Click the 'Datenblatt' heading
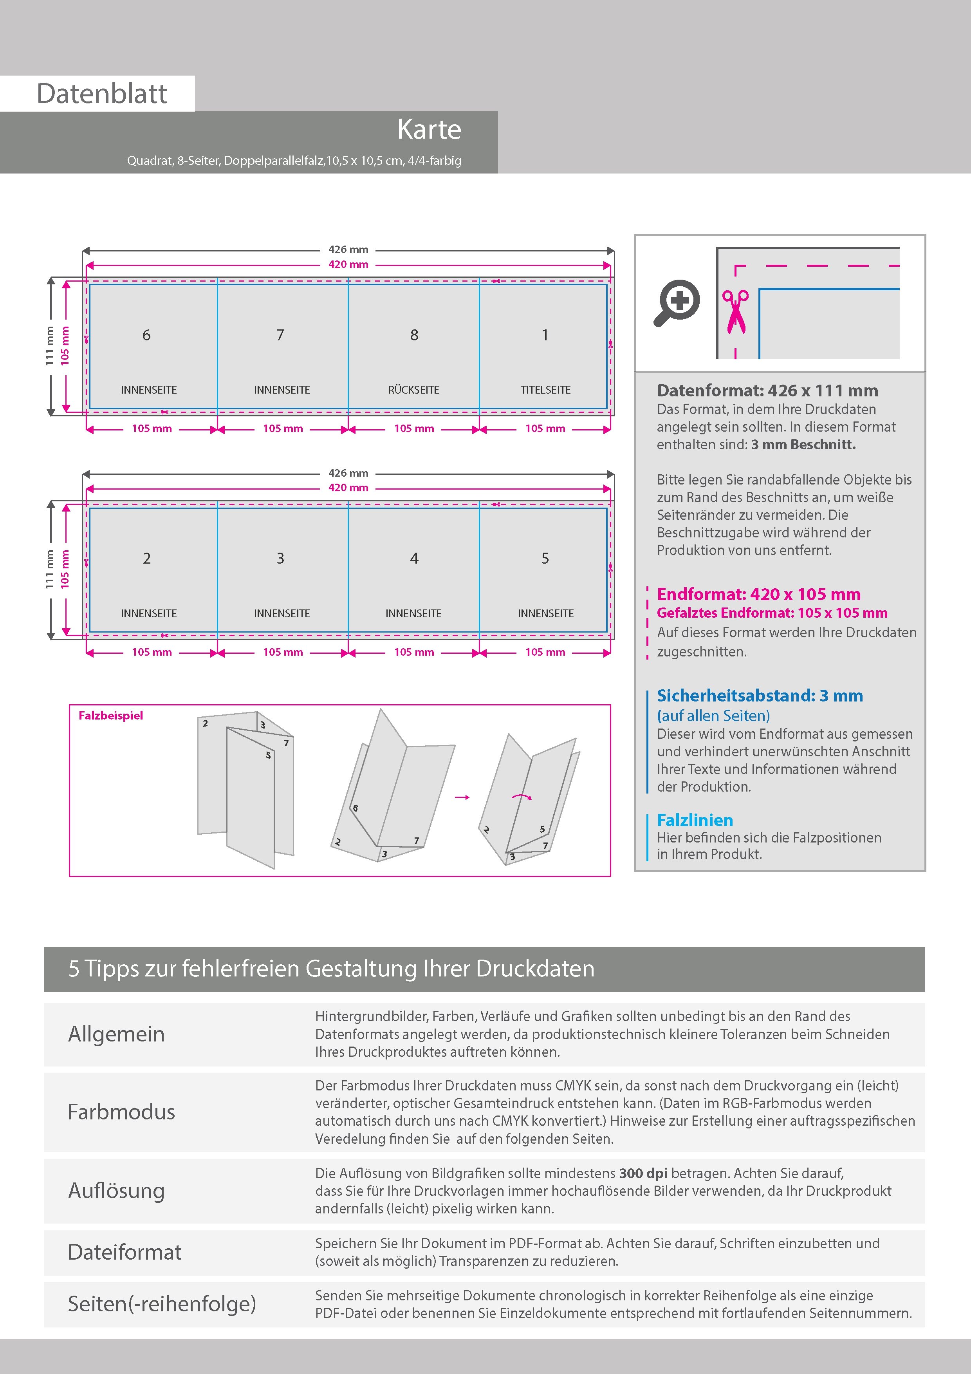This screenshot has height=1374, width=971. pos(102,93)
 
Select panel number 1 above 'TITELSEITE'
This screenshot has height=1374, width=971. pos(545,335)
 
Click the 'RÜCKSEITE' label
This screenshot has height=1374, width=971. pos(413,390)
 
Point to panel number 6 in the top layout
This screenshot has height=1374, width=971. pos(146,335)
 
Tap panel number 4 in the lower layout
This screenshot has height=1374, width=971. pos(414,559)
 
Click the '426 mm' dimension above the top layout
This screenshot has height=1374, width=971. pos(348,249)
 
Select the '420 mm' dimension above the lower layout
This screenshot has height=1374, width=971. pos(348,488)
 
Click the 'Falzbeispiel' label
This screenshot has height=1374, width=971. pos(111,716)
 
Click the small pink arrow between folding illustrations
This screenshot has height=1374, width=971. pos(462,797)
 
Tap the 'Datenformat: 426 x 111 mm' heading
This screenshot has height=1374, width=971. pos(767,391)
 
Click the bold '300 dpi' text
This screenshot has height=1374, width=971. pos(643,1173)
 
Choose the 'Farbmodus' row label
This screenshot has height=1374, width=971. pos(121,1112)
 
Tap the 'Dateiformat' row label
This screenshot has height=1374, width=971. pos(125,1252)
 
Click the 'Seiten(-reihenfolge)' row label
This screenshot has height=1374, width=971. pos(162,1303)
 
